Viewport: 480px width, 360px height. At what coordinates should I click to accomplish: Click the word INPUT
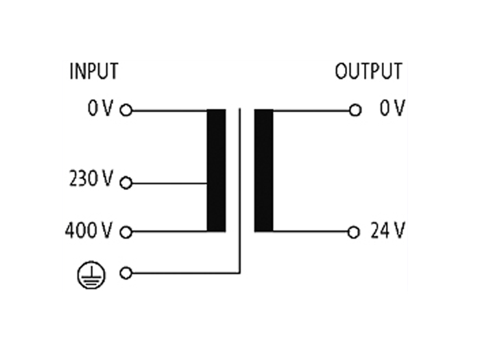pyautogui.click(x=93, y=71)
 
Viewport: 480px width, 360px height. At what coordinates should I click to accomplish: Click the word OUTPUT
pyautogui.click(x=368, y=71)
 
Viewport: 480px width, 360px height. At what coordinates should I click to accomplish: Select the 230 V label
pyautogui.click(x=91, y=181)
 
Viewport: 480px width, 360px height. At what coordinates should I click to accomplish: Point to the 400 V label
pyautogui.click(x=89, y=231)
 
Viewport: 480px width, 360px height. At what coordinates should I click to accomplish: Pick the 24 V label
pyautogui.click(x=387, y=231)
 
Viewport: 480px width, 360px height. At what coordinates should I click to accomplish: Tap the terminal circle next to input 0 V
pyautogui.click(x=125, y=110)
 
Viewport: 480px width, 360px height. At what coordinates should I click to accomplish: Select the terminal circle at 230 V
pyautogui.click(x=125, y=183)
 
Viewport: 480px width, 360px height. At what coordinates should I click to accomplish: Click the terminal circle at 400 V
pyautogui.click(x=125, y=232)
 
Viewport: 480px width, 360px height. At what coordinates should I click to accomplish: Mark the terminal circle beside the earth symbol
pyautogui.click(x=125, y=273)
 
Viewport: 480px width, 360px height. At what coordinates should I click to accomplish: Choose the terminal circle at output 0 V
pyautogui.click(x=355, y=110)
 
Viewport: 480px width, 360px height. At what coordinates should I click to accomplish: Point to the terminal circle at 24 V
pyautogui.click(x=354, y=232)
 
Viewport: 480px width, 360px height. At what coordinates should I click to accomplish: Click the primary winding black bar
pyautogui.click(x=216, y=170)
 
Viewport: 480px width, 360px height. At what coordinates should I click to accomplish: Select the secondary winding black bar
pyautogui.click(x=263, y=170)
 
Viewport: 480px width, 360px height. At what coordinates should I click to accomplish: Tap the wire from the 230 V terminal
pyautogui.click(x=168, y=183)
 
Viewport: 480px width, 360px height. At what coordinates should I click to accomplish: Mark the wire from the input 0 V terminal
pyautogui.click(x=168, y=110)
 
